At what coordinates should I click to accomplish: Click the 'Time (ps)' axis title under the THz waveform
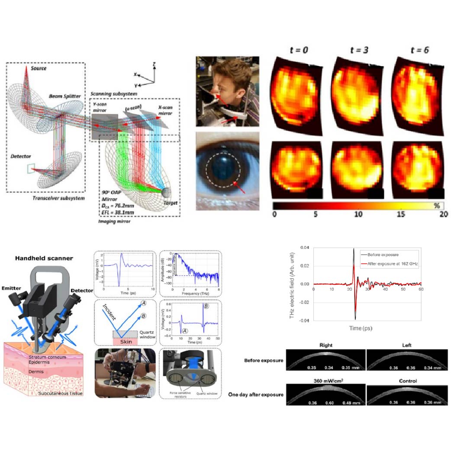coord(361,329)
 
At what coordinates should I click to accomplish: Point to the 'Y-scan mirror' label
coord(102,106)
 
